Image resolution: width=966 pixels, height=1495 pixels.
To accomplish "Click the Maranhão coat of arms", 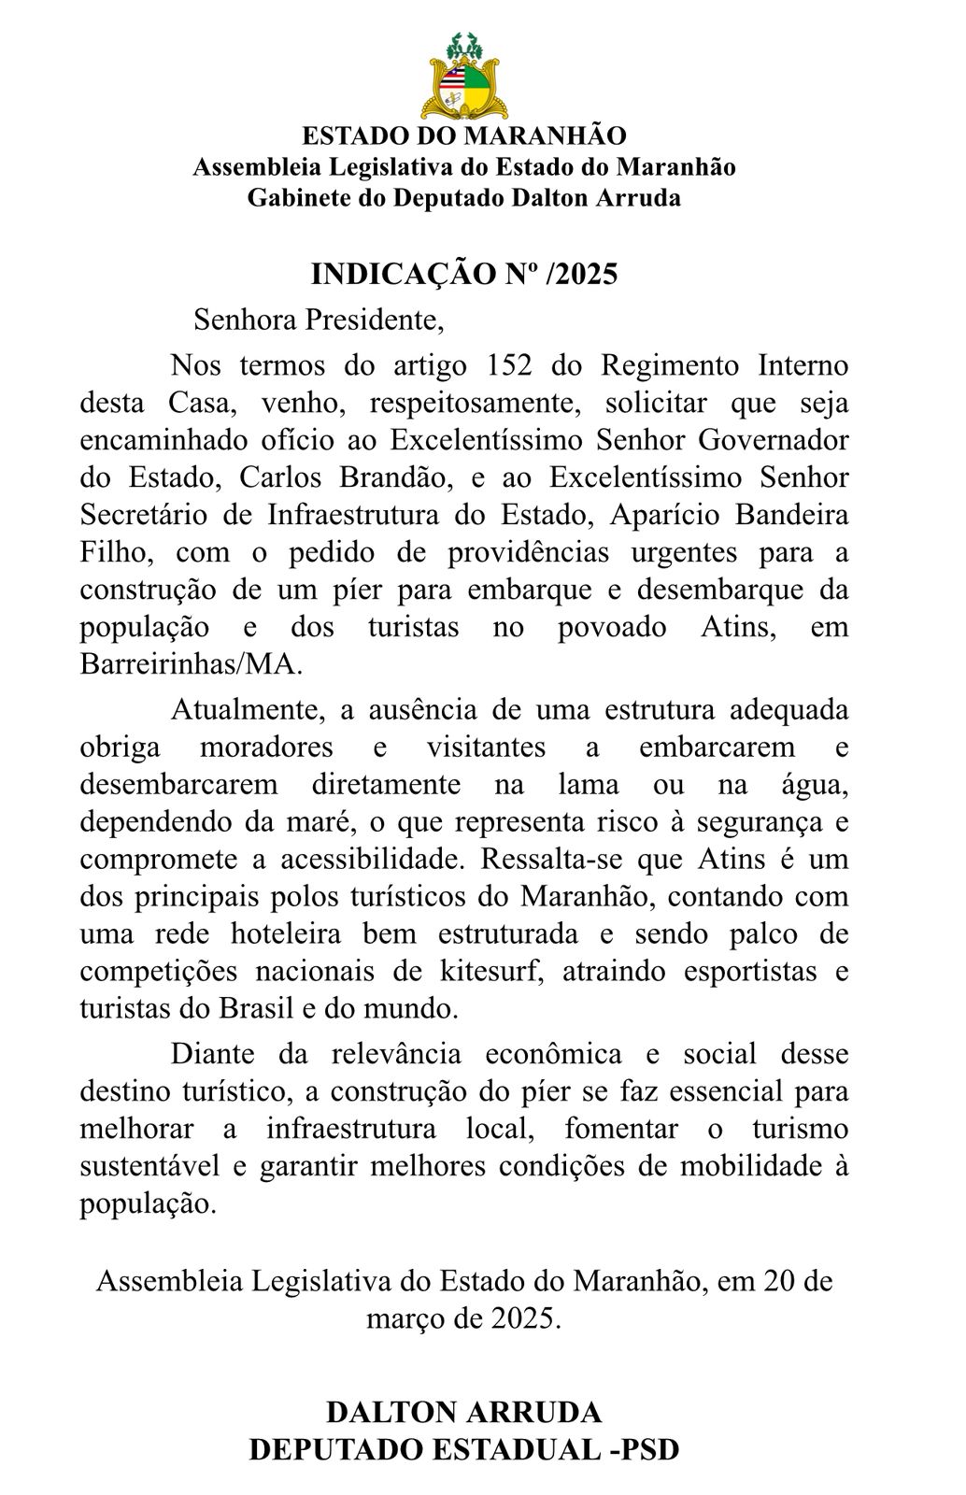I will [463, 76].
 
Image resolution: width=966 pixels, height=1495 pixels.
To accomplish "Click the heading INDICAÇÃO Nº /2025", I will [463, 274].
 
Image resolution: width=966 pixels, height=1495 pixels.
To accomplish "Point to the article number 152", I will [510, 364].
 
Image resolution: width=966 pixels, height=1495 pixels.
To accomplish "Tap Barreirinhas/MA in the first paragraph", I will [192, 664].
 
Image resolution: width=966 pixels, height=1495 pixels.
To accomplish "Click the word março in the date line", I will [402, 1318].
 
